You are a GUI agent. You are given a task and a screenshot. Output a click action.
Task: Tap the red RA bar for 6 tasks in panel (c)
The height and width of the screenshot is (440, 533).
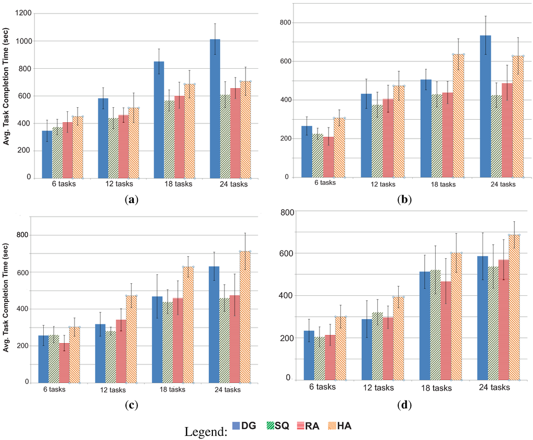click(64, 362)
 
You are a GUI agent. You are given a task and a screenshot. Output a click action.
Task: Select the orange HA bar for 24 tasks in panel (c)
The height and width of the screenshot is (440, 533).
click(245, 317)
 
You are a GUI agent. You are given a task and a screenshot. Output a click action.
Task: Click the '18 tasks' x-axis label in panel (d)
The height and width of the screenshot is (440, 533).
click(435, 388)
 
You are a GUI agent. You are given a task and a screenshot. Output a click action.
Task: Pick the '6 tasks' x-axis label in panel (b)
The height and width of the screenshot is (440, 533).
click(325, 183)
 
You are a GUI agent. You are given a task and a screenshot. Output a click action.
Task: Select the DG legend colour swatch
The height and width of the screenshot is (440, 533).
click(239, 425)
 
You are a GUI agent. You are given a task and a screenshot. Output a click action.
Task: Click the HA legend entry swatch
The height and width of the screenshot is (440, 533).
click(331, 425)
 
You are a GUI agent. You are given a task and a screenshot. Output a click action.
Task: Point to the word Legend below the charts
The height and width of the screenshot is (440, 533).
click(206, 431)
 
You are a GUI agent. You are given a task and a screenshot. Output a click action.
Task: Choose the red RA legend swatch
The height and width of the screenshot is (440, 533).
click(300, 425)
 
